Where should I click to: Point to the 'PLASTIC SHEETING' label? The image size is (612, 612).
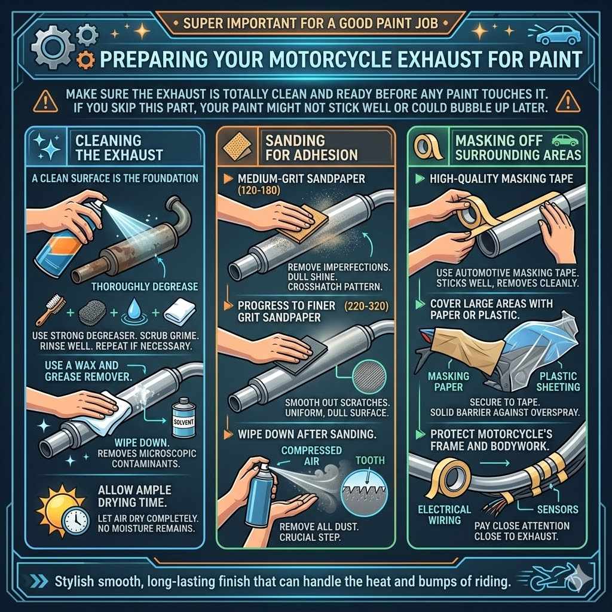point(558,381)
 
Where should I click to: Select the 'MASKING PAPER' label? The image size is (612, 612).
point(448,381)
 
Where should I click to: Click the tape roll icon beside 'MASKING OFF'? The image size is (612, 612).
point(429,146)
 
